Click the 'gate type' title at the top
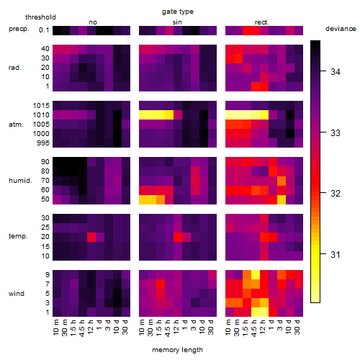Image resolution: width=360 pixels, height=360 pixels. [178, 12]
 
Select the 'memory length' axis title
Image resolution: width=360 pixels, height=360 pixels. [177, 350]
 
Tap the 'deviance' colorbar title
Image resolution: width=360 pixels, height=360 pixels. [341, 29]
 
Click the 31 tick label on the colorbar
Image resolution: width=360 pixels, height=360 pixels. [336, 254]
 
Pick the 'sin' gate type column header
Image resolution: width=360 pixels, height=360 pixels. [177, 22]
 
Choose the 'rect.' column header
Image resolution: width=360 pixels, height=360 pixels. [261, 22]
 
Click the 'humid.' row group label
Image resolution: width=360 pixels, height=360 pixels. [20, 181]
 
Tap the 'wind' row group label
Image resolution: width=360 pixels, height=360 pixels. [17, 294]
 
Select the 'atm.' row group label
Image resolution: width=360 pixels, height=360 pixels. [16, 125]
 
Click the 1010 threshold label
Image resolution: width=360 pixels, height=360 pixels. [41, 115]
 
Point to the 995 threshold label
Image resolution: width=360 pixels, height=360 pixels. [43, 143]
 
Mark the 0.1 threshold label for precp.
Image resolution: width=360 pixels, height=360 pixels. [44, 30]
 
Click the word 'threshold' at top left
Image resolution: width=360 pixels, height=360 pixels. [40, 17]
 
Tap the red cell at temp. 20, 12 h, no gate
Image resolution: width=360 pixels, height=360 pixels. [91, 238]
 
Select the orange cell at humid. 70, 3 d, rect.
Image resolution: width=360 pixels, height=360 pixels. [282, 181]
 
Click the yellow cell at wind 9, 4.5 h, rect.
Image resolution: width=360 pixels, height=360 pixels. [256, 275]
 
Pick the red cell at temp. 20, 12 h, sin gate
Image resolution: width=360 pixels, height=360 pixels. [178, 238]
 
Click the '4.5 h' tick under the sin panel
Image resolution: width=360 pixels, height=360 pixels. [168, 328]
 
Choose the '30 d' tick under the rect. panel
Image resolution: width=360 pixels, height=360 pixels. [297, 327]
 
